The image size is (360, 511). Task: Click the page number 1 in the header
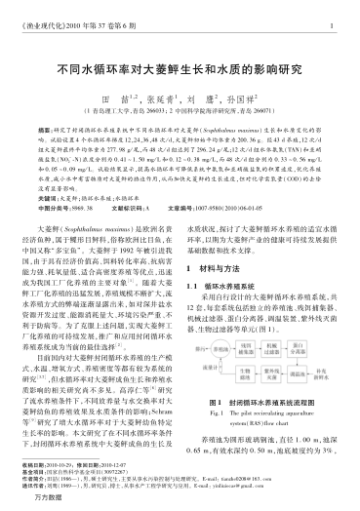[332, 26]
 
